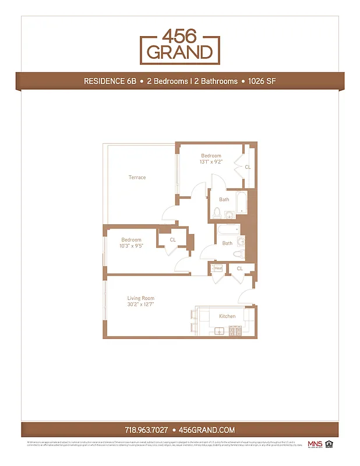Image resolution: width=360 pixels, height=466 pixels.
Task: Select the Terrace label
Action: (137, 177)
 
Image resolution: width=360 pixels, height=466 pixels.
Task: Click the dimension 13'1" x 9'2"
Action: (211, 162)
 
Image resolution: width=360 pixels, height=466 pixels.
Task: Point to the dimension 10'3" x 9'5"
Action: (131, 246)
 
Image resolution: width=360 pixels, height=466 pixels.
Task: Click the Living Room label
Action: (140, 298)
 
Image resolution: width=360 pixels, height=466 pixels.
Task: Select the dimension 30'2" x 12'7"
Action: (140, 304)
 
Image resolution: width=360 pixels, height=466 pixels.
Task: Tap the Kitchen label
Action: (227, 316)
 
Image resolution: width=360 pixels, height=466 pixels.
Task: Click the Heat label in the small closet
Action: (218, 268)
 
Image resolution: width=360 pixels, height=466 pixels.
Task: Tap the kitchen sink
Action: (220, 331)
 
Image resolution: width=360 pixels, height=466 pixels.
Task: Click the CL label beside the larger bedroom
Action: (248, 167)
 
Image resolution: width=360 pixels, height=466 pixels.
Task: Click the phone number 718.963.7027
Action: (147, 430)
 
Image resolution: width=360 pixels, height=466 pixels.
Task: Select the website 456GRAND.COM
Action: (207, 430)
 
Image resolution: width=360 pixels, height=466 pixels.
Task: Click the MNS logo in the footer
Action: (313, 444)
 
